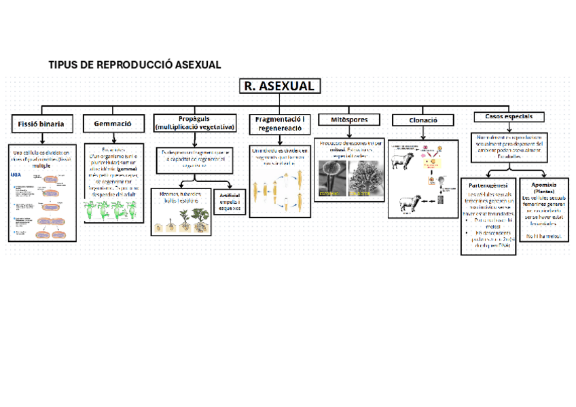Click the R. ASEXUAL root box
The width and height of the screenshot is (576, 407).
(278, 86)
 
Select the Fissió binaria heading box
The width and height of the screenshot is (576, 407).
(41, 124)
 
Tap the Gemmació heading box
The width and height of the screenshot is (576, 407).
(113, 124)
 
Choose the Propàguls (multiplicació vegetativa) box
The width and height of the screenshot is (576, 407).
(195, 123)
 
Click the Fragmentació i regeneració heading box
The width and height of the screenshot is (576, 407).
(280, 124)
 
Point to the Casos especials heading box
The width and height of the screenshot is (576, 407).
(504, 117)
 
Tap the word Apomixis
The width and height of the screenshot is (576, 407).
(543, 183)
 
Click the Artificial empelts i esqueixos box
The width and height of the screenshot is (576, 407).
(230, 202)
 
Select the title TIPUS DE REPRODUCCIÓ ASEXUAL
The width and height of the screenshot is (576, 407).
(134, 65)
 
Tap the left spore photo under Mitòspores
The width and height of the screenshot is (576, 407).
(331, 178)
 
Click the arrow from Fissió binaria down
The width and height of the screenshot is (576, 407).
(41, 138)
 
